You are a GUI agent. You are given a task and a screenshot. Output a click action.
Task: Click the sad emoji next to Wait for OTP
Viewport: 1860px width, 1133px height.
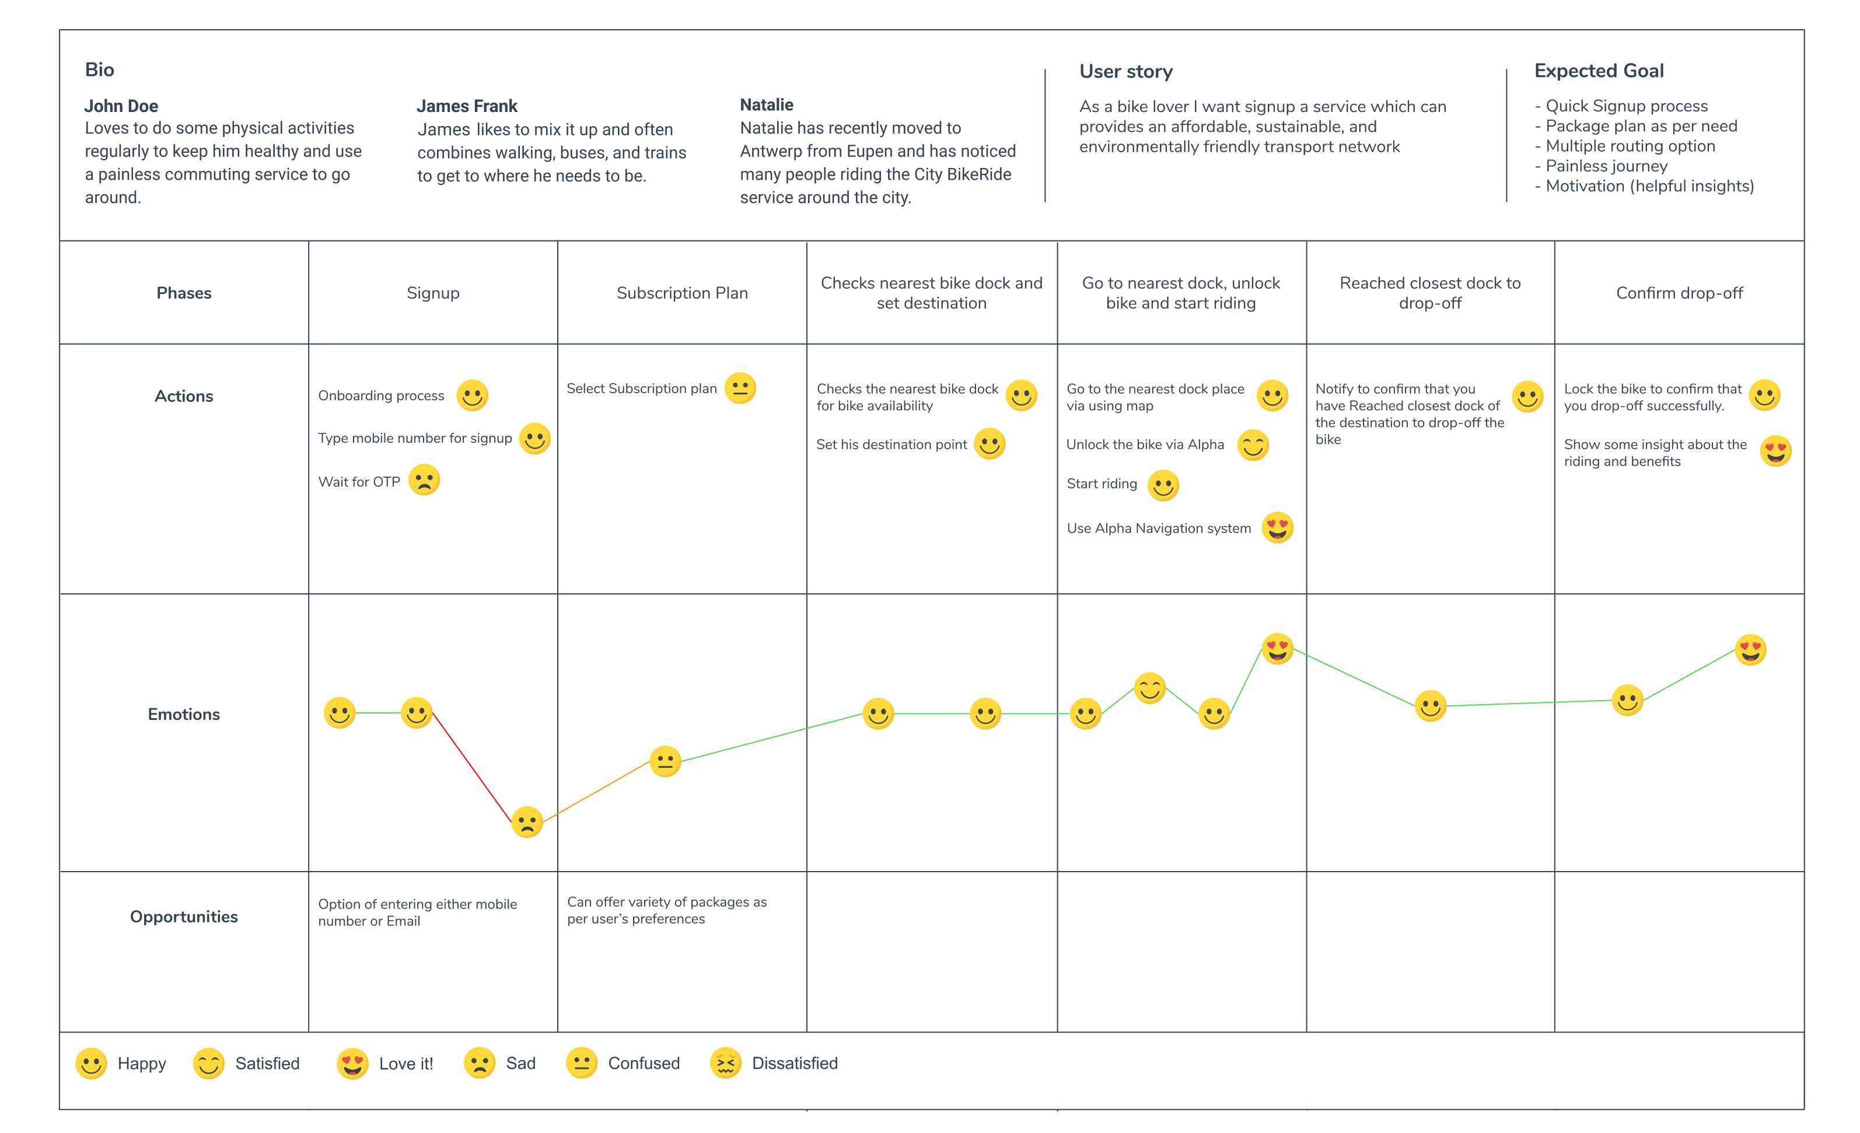[424, 480]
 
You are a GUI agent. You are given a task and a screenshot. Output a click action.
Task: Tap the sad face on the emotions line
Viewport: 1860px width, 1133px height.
[527, 822]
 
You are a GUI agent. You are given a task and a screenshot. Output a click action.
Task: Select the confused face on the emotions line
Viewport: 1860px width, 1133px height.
[665, 761]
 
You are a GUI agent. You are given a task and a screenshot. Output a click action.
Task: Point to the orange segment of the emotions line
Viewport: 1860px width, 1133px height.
[596, 792]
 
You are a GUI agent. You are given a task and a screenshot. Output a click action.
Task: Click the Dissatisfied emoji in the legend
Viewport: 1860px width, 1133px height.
[725, 1063]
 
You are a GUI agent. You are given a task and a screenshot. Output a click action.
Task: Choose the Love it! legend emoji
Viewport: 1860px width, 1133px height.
[352, 1064]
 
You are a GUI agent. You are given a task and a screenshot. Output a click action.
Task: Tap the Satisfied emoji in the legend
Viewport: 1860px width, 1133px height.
[209, 1064]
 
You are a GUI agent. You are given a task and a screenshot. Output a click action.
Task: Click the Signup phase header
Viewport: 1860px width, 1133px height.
[432, 293]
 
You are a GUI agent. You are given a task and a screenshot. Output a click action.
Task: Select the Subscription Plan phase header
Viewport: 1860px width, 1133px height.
[681, 293]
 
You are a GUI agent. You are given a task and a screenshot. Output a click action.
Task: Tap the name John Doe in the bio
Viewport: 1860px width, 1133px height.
[121, 106]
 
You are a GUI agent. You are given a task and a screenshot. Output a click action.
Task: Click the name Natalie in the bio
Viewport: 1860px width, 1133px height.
[766, 104]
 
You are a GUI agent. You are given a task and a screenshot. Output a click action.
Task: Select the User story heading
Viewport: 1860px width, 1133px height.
[1125, 72]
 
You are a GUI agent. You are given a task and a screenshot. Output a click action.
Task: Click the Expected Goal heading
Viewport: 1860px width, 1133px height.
[1598, 71]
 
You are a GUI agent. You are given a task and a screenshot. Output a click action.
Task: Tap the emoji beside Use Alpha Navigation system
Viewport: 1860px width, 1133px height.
[1277, 527]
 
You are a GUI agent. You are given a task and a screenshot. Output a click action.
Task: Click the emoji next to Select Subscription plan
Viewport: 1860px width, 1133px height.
[740, 388]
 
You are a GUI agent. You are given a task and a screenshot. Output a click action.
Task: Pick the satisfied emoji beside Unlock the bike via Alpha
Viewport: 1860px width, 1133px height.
[1253, 445]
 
